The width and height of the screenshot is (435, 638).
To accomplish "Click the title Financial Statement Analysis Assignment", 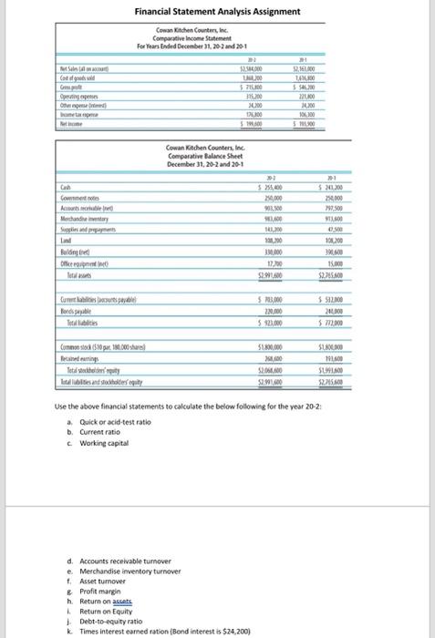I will (x=216, y=11).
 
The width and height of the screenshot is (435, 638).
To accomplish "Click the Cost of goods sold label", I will (x=78, y=79).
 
